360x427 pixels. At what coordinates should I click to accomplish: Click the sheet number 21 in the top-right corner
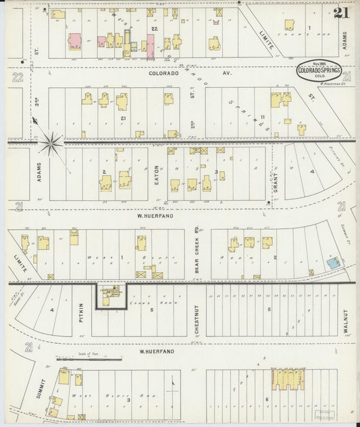point(341,12)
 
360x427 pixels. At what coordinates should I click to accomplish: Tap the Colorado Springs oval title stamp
point(318,70)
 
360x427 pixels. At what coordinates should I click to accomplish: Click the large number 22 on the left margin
point(18,78)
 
